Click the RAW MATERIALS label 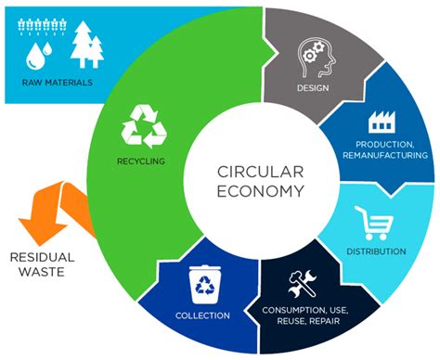58,83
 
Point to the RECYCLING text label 141,161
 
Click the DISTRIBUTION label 375,251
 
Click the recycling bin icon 201,284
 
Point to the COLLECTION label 202,315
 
